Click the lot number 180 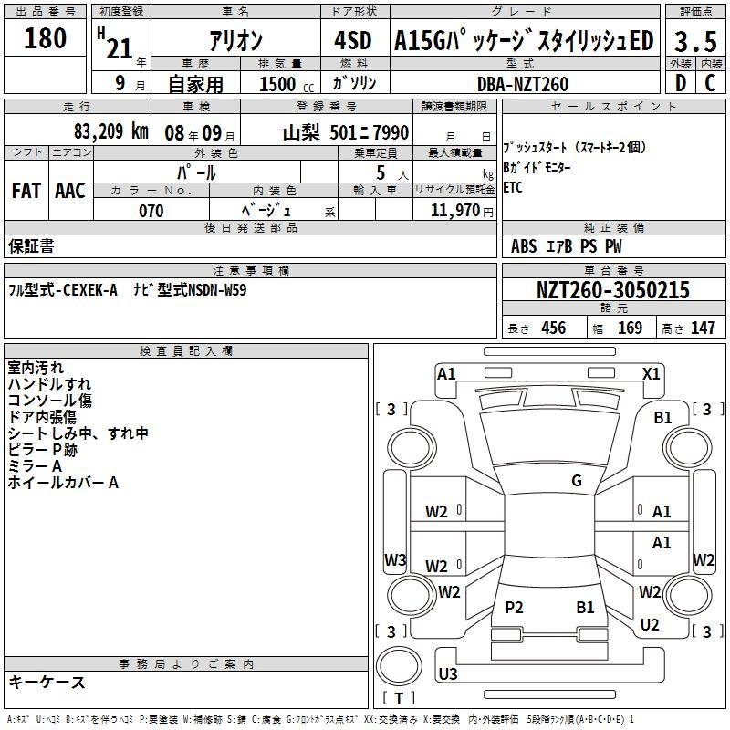(45, 38)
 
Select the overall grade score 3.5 (695, 41)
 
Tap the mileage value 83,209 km (110, 131)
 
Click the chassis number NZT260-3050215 (613, 290)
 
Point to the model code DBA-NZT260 (523, 84)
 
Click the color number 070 (151, 211)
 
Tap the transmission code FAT (26, 191)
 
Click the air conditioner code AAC (70, 191)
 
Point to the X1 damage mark (652, 374)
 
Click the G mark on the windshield (577, 481)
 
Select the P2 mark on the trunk (514, 608)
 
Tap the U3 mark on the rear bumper (448, 673)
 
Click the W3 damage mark (395, 559)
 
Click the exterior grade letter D (681, 83)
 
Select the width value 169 (630, 328)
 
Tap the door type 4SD (353, 40)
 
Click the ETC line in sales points (513, 187)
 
